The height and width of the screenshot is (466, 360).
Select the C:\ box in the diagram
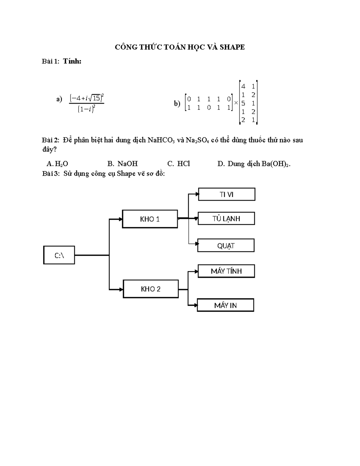pyautogui.click(x=59, y=255)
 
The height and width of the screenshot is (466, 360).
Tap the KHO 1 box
pyautogui.click(x=150, y=219)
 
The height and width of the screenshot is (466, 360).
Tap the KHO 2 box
pyautogui.click(x=151, y=289)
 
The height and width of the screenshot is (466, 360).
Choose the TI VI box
pyautogui.click(x=226, y=194)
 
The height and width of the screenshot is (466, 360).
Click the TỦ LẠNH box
pyautogui.click(x=226, y=218)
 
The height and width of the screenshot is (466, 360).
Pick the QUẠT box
pyautogui.click(x=226, y=245)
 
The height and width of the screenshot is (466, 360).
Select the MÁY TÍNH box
pyautogui.click(x=226, y=271)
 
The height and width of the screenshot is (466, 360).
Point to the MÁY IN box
pyautogui.click(x=225, y=305)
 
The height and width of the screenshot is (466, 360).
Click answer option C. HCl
pyautogui.click(x=178, y=164)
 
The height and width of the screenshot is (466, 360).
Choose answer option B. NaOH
pyautogui.click(x=122, y=164)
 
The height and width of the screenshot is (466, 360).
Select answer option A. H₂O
pyautogui.click(x=57, y=164)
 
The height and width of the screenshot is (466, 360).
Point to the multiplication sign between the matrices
pyautogui.click(x=236, y=103)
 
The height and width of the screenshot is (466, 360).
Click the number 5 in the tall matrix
pyautogui.click(x=243, y=103)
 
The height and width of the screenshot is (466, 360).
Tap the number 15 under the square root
pyautogui.click(x=97, y=98)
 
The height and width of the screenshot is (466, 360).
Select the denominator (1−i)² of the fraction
pyautogui.click(x=86, y=109)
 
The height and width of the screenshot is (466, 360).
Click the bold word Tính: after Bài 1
pyautogui.click(x=72, y=61)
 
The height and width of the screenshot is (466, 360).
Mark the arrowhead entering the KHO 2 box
pyautogui.click(x=121, y=290)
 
